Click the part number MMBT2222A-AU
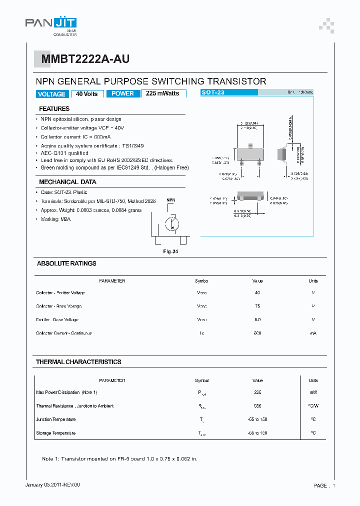point(85,59)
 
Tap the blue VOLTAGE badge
point(51,94)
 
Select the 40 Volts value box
point(87,94)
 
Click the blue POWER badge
point(122,93)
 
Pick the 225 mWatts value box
point(163,93)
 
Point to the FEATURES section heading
point(54,108)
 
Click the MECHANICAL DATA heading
point(67,182)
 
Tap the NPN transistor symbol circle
point(172,222)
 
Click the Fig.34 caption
point(171,251)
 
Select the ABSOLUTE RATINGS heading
point(66,263)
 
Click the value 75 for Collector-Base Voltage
point(257,306)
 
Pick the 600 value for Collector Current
point(257,333)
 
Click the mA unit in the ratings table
point(313,333)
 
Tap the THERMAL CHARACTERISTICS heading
point(78,361)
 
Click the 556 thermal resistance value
point(257,406)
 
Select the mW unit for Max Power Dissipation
point(313,392)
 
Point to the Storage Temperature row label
point(56,433)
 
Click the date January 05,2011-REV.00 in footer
point(52,485)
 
